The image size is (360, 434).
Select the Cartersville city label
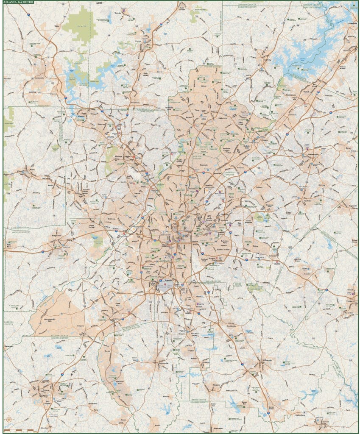click(39, 79)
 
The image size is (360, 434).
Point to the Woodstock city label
click(135, 103)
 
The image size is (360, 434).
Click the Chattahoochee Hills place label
click(53, 319)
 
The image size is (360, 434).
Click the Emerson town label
click(54, 94)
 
